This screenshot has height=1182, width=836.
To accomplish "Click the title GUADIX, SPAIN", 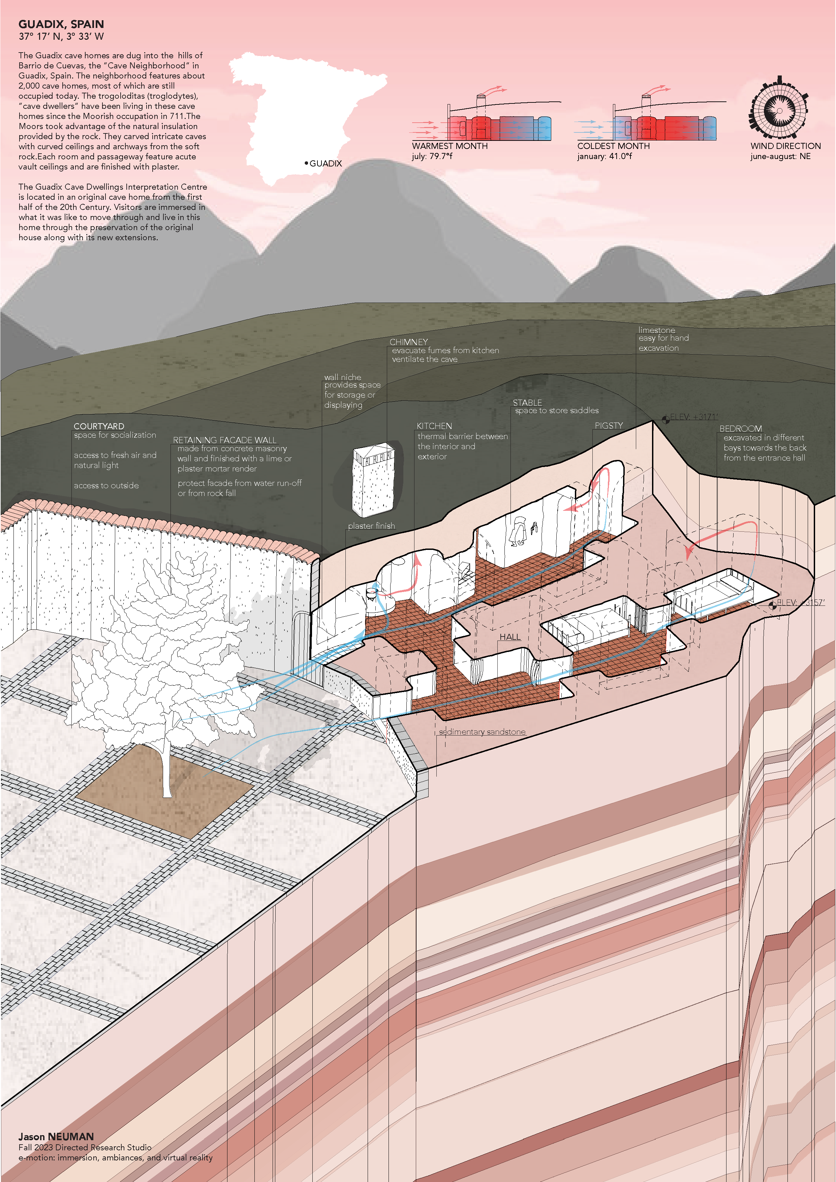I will coord(61,24).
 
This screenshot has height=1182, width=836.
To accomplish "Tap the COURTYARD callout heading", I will coord(99,426).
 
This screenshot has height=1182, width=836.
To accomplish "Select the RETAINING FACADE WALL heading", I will coord(224,440).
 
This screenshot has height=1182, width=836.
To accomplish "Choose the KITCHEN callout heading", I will coord(434,426).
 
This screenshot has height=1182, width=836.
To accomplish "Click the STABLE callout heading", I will coord(527,403).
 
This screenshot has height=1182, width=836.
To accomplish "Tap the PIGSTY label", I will coord(609,426).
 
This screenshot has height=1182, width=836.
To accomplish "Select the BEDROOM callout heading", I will coord(740,428).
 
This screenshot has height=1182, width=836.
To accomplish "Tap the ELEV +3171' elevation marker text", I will coord(693,417).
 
